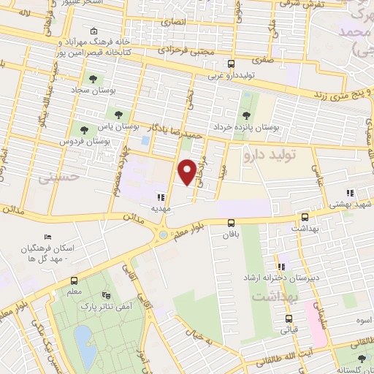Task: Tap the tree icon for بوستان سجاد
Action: click(x=92, y=79)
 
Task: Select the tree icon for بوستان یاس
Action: click(x=118, y=114)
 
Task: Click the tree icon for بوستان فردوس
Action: click(x=85, y=129)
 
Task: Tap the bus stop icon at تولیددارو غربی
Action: click(x=232, y=64)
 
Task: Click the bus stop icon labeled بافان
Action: click(x=232, y=223)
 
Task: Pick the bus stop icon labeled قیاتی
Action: click(x=289, y=318)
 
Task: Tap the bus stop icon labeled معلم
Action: click(x=74, y=280)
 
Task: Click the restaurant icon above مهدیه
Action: click(x=160, y=196)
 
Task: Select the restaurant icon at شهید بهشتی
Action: click(x=350, y=193)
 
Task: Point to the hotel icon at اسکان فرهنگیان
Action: click(x=48, y=237)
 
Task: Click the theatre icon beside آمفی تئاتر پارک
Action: click(x=107, y=295)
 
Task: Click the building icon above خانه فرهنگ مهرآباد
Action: click(x=93, y=32)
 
